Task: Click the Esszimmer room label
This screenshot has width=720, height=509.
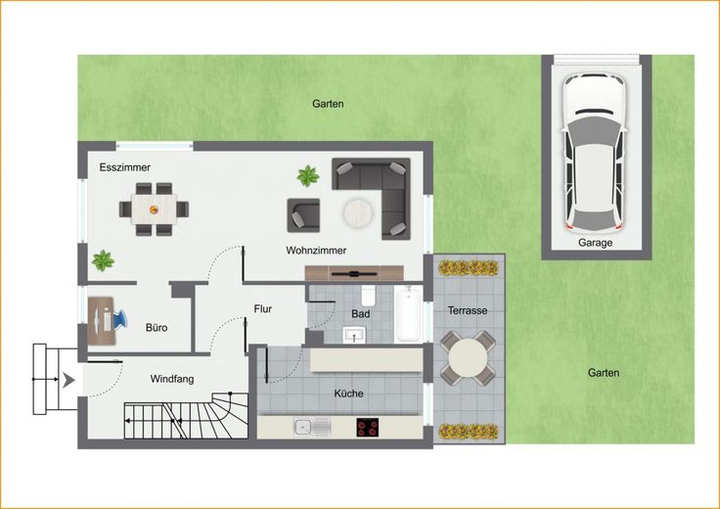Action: [x=125, y=167]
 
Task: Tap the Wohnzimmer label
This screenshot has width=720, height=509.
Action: [x=316, y=251]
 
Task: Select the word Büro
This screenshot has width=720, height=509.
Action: [x=157, y=328]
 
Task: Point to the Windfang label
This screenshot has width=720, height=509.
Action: [x=172, y=379]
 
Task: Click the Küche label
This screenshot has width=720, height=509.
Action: [x=348, y=393]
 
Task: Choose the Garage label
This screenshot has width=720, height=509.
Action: [x=595, y=243]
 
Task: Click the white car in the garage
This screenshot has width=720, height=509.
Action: [x=595, y=153]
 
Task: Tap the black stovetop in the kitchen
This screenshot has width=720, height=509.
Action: [x=368, y=427]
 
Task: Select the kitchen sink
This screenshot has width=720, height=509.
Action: [x=312, y=427]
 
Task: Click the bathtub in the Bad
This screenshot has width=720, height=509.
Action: [x=408, y=314]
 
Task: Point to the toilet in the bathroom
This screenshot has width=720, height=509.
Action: [x=368, y=297]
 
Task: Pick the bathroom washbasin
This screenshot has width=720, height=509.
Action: [x=354, y=335]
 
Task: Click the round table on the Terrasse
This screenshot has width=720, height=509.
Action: [x=468, y=358]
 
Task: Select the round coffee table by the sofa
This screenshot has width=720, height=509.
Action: [x=359, y=212]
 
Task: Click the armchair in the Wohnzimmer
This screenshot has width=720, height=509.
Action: [x=303, y=215]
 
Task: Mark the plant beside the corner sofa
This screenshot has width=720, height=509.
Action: [x=308, y=176]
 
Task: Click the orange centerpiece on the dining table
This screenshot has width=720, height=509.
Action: [x=154, y=209]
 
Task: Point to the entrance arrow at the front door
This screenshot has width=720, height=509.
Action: [x=68, y=380]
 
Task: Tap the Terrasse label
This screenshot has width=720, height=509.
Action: [x=468, y=310]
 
